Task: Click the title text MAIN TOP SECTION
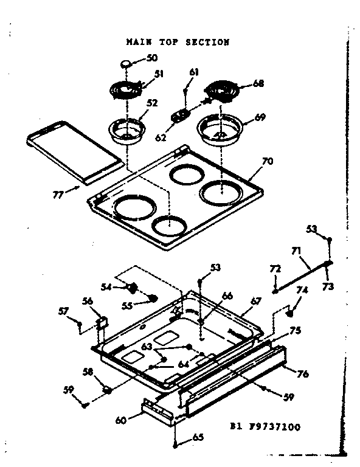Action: [177, 43]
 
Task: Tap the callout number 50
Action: [152, 58]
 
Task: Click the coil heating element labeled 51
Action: [126, 91]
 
